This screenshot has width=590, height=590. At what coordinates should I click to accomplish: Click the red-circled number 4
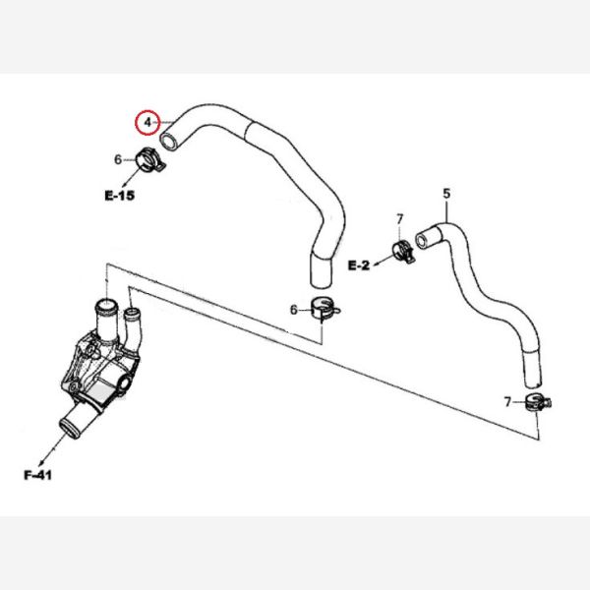pos(147,123)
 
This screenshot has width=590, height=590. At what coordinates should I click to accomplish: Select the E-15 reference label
pos(119,195)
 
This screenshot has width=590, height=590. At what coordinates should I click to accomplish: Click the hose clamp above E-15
pos(150,160)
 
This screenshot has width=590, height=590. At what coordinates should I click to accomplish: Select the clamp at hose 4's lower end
pos(324,309)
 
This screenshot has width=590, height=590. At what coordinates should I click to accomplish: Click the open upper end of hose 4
pos(169,141)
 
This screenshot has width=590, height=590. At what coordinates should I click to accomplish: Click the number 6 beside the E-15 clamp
pos(118,159)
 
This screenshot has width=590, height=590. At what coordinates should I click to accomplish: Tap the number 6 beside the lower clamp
pos(292,310)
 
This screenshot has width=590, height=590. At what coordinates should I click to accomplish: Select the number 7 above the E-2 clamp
pos(399,217)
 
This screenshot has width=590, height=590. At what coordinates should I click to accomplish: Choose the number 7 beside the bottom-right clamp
pos(507,402)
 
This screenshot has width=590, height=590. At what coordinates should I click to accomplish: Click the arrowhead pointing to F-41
pos(42,459)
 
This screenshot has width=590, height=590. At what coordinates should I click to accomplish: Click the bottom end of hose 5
pos(532,379)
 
